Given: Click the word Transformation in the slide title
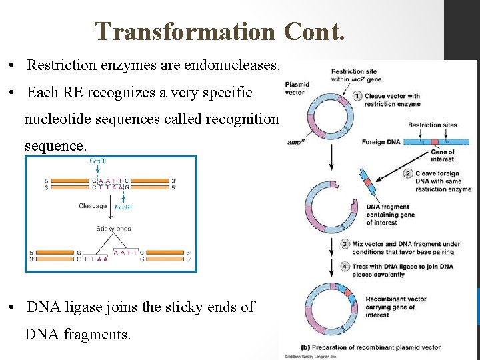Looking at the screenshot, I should click(184, 31).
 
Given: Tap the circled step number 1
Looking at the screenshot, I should click(357, 95).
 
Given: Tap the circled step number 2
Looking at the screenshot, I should click(409, 175).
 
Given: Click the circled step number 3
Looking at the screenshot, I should click(345, 244).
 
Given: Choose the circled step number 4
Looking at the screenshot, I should click(345, 266).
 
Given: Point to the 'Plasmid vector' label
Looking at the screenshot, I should click(297, 89).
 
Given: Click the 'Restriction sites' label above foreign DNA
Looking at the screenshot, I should click(432, 125).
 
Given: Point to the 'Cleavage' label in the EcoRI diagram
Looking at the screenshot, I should click(92, 206).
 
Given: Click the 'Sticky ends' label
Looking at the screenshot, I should click(113, 229).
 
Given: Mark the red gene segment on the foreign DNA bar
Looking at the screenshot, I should click(435, 142).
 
